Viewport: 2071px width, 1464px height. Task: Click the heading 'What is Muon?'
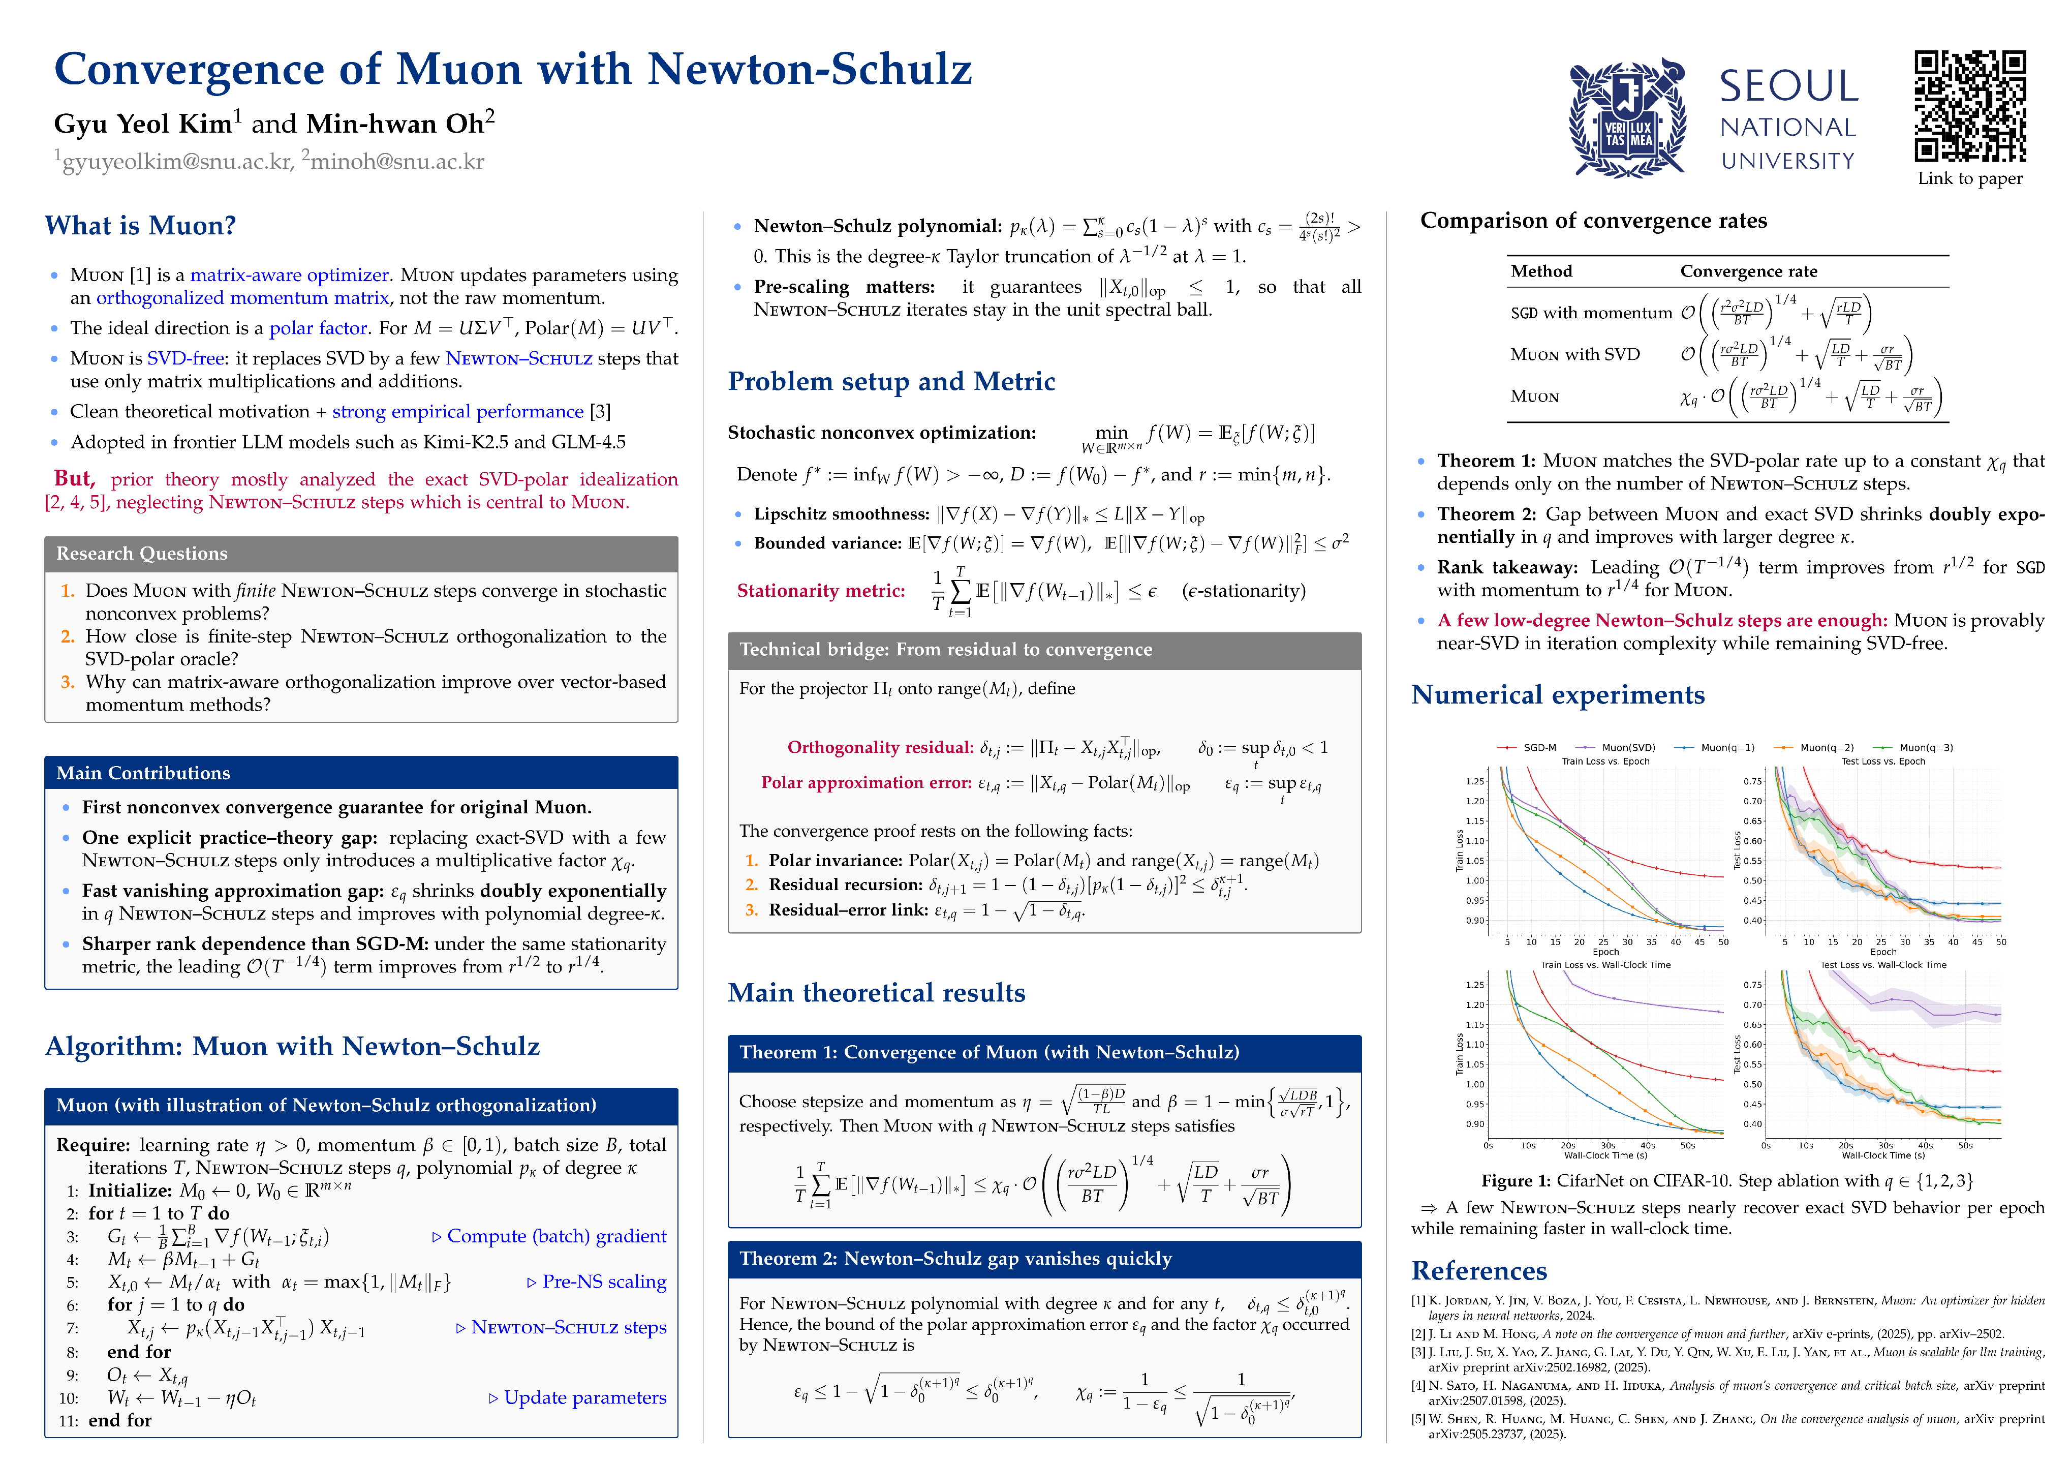pos(141,226)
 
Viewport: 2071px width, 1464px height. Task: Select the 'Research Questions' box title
pos(142,554)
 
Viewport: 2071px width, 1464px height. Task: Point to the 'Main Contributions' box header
pos(142,773)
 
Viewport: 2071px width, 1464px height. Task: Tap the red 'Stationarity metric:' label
pos(820,591)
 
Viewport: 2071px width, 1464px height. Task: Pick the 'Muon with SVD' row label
pos(1575,354)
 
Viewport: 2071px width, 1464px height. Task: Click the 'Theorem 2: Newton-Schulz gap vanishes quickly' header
pos(955,1258)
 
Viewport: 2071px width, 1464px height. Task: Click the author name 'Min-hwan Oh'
pos(395,124)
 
